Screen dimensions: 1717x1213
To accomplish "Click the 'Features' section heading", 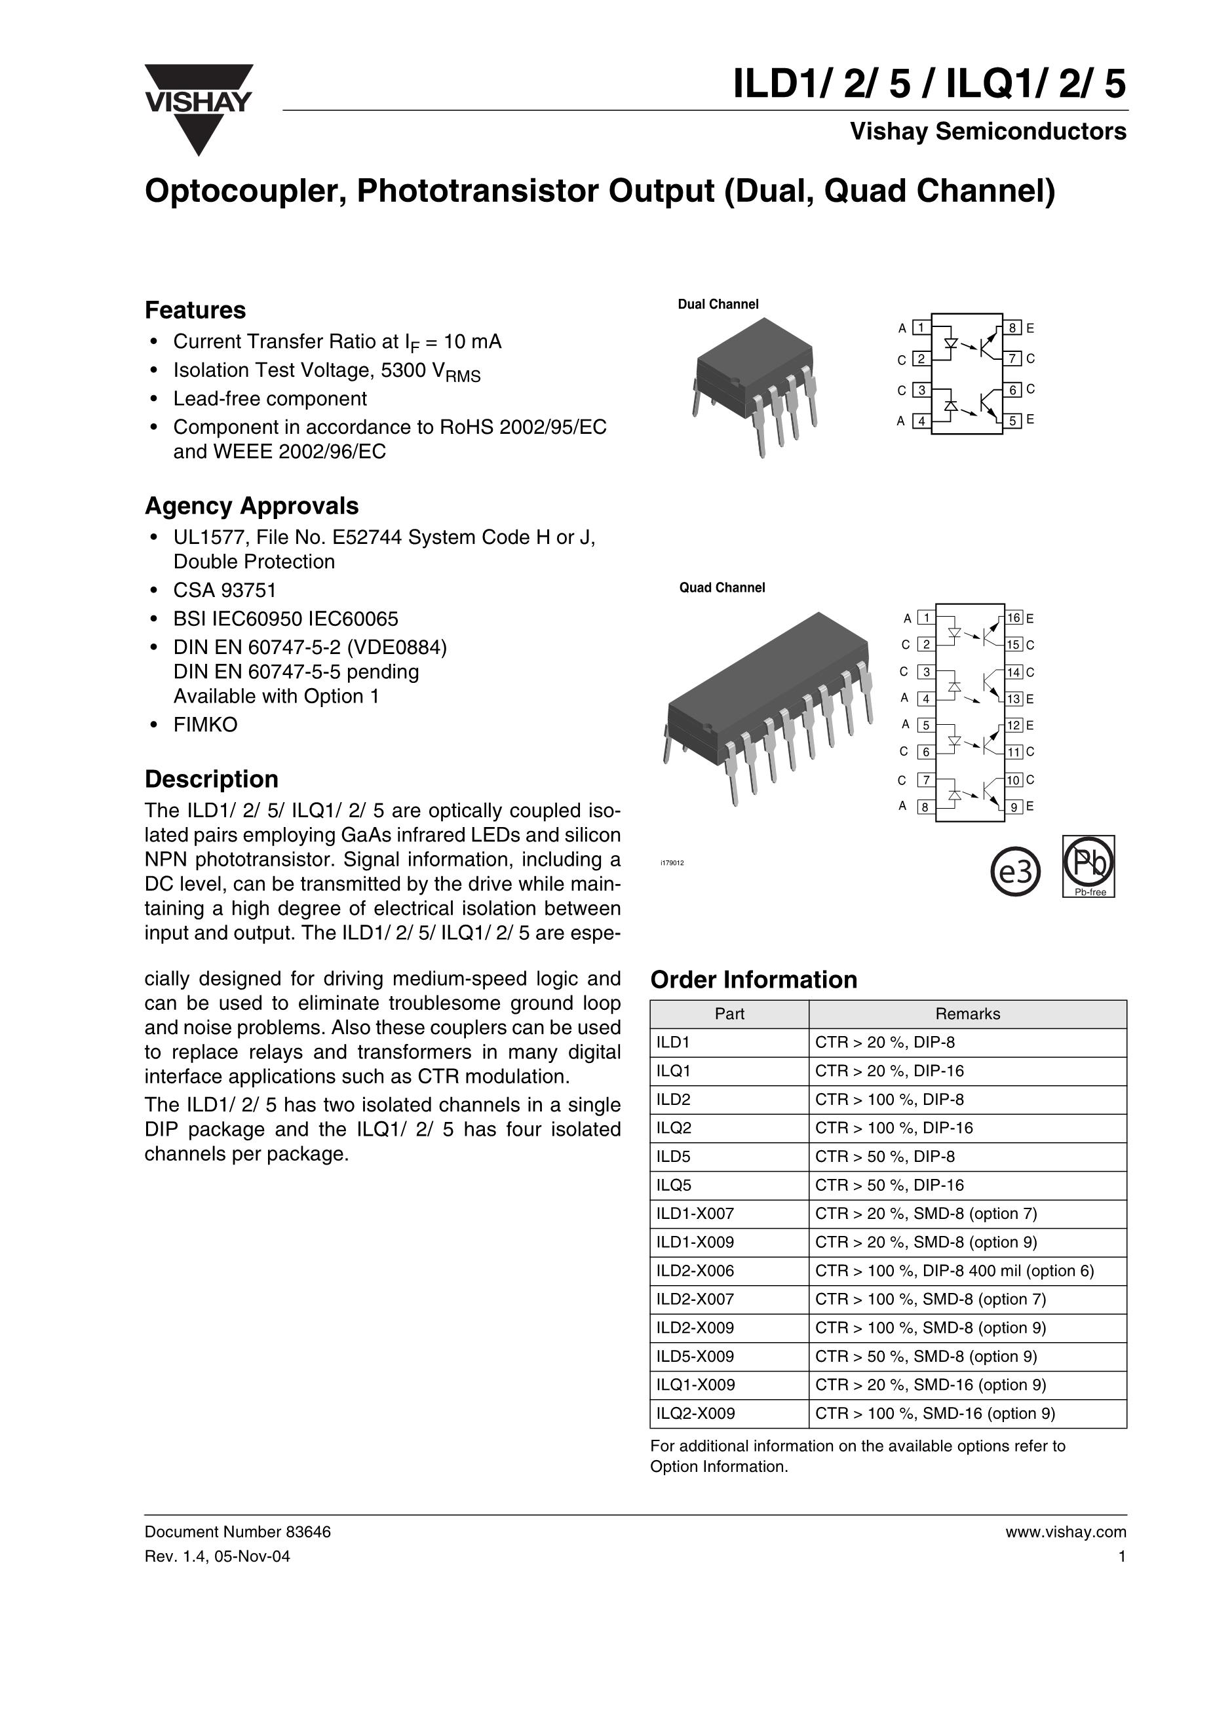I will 195,309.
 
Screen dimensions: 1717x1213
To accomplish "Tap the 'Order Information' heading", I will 753,980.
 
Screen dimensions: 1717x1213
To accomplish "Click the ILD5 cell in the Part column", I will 673,1156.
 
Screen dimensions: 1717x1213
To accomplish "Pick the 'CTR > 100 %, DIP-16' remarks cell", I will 894,1128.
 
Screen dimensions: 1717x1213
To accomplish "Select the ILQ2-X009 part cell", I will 695,1414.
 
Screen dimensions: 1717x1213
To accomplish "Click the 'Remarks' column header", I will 967,1013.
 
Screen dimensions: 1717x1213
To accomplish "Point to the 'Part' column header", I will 729,1013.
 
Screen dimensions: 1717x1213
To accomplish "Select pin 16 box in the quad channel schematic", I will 1013,618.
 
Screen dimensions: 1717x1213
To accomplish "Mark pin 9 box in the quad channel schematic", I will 1013,807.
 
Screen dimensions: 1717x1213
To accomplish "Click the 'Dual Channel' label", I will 718,304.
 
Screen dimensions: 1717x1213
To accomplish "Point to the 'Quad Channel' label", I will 722,588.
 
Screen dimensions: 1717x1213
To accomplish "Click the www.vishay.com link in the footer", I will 1065,1532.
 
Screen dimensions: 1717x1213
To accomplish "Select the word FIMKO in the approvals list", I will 205,725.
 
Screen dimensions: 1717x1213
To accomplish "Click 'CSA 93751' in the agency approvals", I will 224,590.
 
